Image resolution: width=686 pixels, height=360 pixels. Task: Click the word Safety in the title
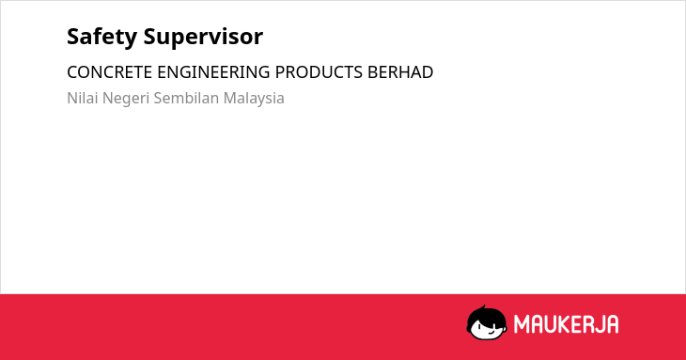[x=101, y=37]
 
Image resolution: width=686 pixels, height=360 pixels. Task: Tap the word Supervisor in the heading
[x=203, y=38]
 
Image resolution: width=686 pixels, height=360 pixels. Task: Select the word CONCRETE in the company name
[x=109, y=72]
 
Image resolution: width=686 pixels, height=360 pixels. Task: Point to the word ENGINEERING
[x=213, y=72]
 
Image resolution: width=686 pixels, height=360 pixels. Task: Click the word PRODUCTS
[x=319, y=72]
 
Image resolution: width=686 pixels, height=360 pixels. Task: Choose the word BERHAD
[x=400, y=72]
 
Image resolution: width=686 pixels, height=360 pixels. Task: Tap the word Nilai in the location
[x=83, y=98]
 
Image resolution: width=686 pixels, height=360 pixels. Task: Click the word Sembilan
[x=186, y=98]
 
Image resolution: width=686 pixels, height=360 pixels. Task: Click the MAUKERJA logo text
[x=566, y=324]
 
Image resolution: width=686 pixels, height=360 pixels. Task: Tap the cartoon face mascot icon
[x=487, y=322]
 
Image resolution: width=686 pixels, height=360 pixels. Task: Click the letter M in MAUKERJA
[x=521, y=324]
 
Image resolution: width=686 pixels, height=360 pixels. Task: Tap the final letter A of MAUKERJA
[x=613, y=324]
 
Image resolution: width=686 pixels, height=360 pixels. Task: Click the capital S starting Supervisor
[x=151, y=37]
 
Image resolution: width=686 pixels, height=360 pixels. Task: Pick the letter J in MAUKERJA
[x=600, y=324]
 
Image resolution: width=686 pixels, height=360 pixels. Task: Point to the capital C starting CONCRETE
[x=72, y=72]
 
